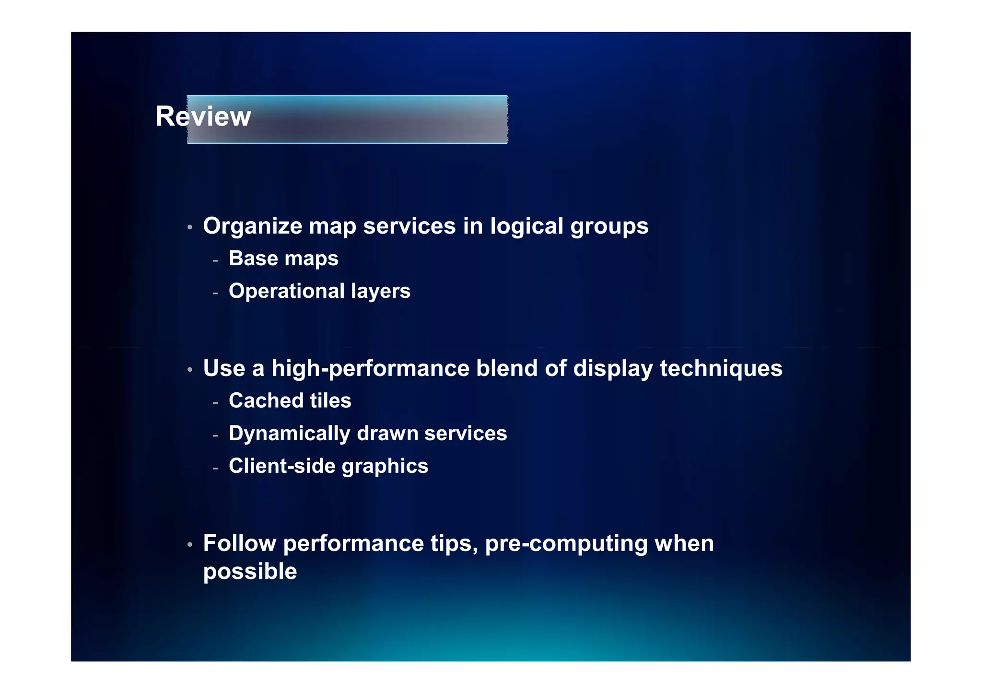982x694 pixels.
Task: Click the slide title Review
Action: point(203,117)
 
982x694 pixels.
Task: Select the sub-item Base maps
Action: point(283,259)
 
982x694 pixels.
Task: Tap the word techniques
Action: point(721,369)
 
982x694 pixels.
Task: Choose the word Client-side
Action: point(282,466)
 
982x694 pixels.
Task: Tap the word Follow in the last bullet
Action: point(239,544)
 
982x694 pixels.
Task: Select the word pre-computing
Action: point(566,544)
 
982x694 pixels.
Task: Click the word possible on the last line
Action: point(250,572)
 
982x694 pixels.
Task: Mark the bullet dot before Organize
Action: point(190,227)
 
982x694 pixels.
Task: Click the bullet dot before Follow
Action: point(190,545)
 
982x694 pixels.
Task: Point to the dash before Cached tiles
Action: point(215,402)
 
